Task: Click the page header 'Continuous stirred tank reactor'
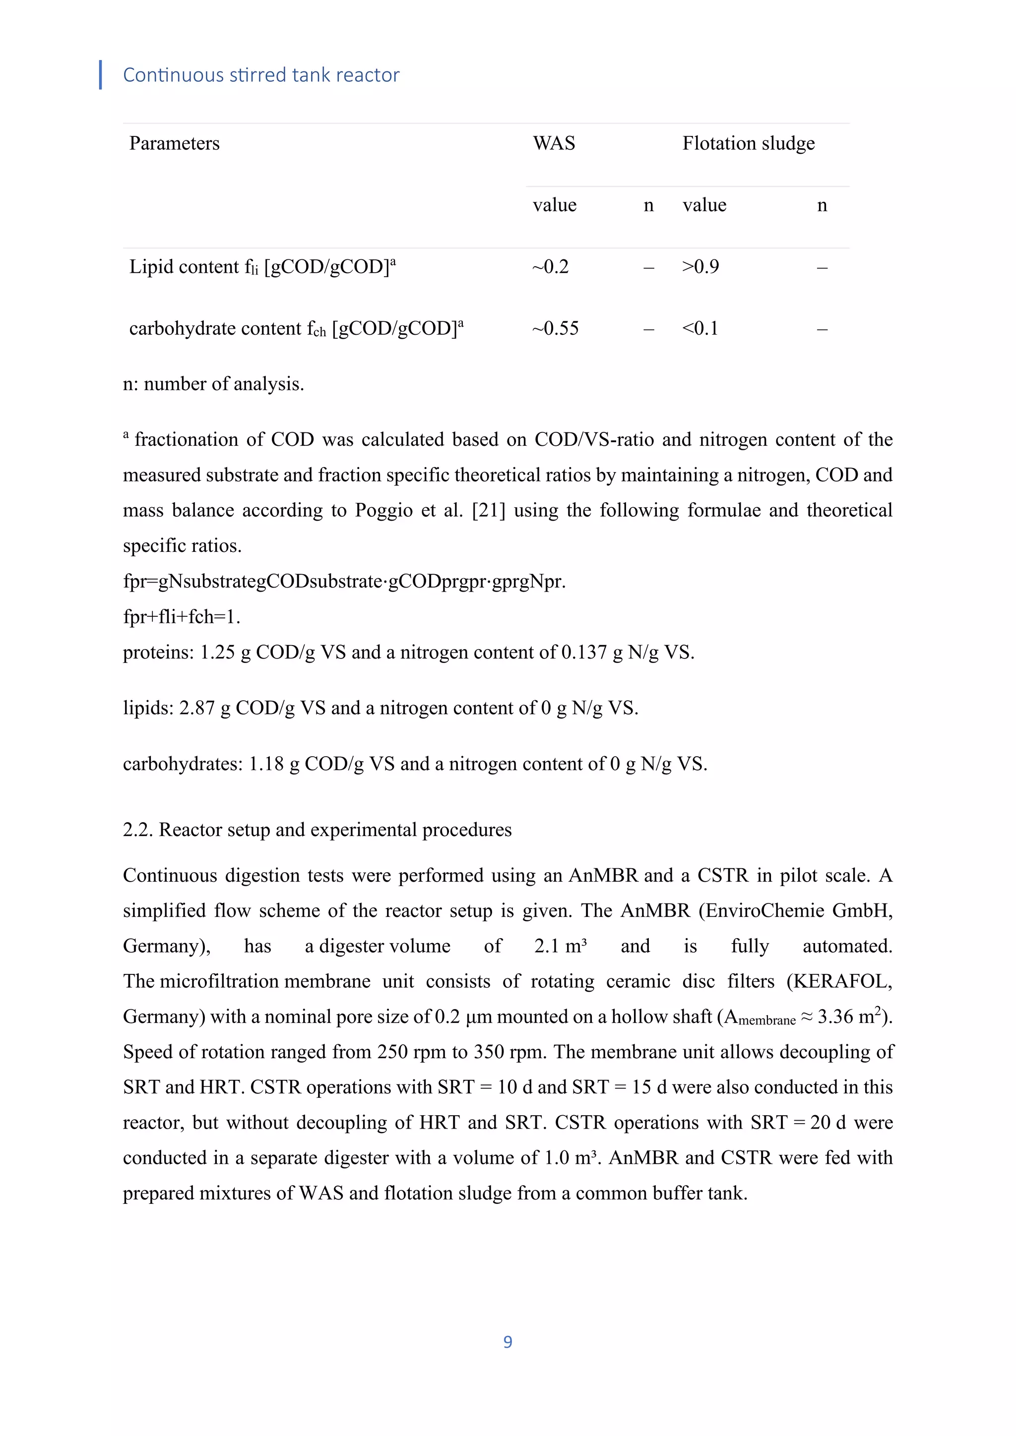tap(261, 75)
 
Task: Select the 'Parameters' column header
tap(174, 143)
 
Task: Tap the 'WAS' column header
tap(554, 143)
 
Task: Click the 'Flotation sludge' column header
tap(748, 143)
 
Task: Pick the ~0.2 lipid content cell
tap(551, 267)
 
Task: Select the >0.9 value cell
tap(700, 267)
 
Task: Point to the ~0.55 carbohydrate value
tap(556, 328)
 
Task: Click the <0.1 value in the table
tap(700, 328)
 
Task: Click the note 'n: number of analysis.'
tap(213, 384)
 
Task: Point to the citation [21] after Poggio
tap(488, 510)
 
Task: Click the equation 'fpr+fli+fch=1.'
tap(182, 617)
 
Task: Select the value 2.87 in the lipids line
tap(197, 708)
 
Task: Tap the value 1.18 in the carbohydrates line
tap(266, 764)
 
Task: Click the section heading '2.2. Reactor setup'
tap(317, 830)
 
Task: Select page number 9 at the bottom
tap(508, 1342)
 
